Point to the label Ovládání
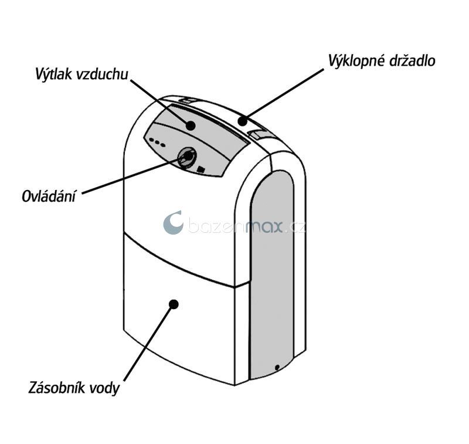click(x=49, y=196)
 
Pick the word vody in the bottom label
click(x=106, y=388)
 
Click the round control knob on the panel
click(x=187, y=157)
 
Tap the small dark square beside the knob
click(x=201, y=170)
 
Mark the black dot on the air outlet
click(x=191, y=125)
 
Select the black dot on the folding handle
click(x=242, y=120)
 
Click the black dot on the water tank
click(x=174, y=303)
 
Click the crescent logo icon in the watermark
click(x=173, y=223)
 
